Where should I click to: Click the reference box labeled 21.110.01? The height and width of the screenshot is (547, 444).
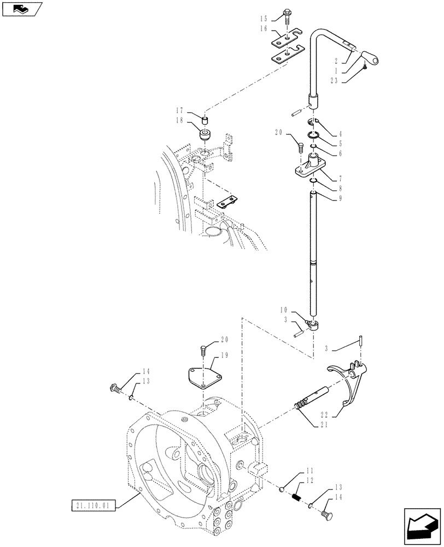pos(93,507)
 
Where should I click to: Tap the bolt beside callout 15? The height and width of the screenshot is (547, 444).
pos(288,16)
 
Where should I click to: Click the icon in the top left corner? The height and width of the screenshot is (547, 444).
pos(21,9)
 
